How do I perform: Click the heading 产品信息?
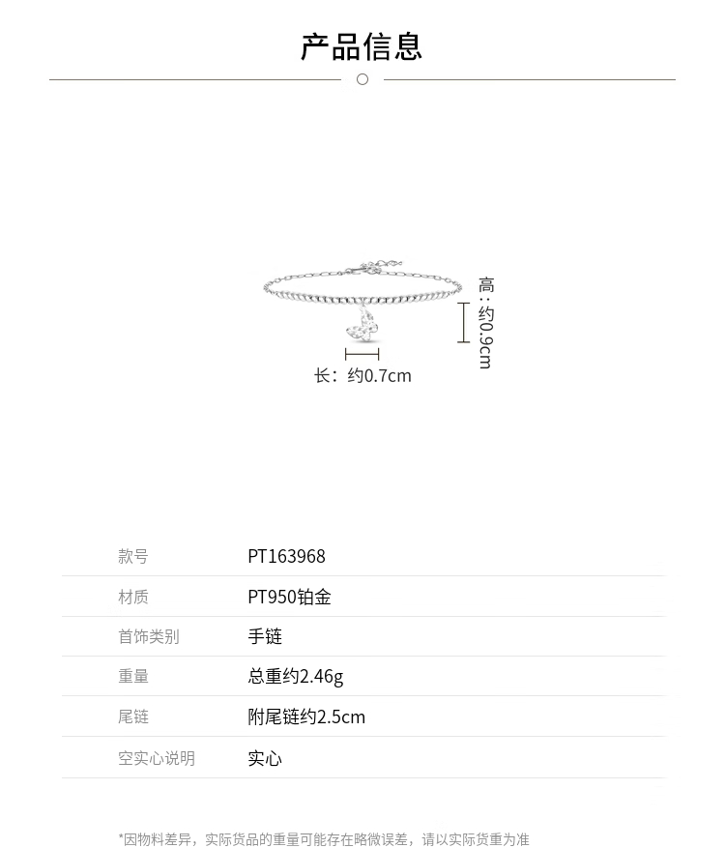(362, 46)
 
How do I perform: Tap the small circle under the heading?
(362, 79)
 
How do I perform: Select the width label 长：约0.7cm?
(362, 375)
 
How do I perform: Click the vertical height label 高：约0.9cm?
(485, 322)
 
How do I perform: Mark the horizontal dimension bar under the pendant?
(362, 355)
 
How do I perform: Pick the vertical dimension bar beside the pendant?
(464, 322)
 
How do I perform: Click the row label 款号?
(133, 556)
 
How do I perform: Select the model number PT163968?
(286, 556)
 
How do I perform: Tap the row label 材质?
(133, 597)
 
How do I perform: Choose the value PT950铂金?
(289, 597)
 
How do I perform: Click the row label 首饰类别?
(149, 636)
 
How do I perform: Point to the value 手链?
(265, 636)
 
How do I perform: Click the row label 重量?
(133, 676)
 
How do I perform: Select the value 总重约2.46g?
(295, 676)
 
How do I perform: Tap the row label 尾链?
(133, 716)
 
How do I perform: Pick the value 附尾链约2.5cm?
(306, 716)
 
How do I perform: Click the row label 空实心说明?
(157, 758)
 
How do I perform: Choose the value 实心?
(265, 758)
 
